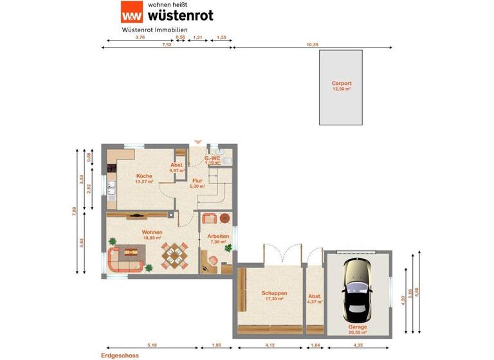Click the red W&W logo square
[132, 13]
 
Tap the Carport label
[342, 84]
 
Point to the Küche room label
[143, 176]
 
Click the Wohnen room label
[152, 232]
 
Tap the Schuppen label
[274, 293]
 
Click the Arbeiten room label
[218, 236]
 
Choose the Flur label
[197, 181]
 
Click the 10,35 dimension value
[313, 45]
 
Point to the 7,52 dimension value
[167, 45]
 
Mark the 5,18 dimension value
[152, 346]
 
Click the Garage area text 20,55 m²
[357, 332]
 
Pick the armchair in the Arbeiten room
[209, 219]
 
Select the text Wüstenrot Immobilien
[154, 30]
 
